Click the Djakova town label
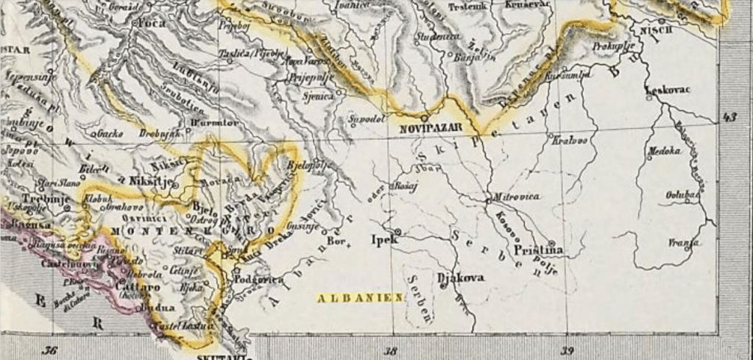(460, 278)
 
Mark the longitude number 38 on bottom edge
(392, 351)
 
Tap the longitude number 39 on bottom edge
(568, 351)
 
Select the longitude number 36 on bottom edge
(50, 351)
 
